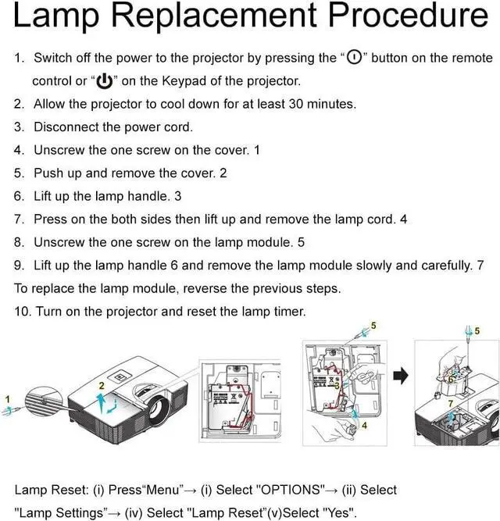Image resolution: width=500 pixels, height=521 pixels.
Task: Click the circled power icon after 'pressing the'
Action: pyautogui.click(x=354, y=58)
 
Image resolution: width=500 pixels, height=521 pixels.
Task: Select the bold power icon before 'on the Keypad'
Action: pyautogui.click(x=103, y=81)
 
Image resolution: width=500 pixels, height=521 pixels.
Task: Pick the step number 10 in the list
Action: pyautogui.click(x=22, y=311)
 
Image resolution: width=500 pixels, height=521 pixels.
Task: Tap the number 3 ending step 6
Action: pyautogui.click(x=178, y=195)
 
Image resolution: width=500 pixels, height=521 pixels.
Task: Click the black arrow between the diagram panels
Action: pyautogui.click(x=400, y=376)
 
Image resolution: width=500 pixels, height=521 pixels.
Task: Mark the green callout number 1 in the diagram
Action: pyautogui.click(x=8, y=399)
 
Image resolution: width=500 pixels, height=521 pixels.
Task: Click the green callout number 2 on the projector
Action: pyautogui.click(x=101, y=386)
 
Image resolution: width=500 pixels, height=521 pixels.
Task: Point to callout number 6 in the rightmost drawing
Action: pyautogui.click(x=451, y=380)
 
